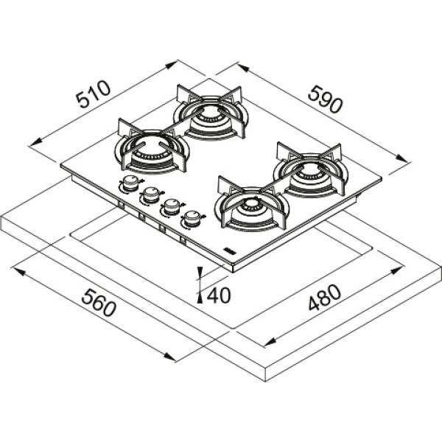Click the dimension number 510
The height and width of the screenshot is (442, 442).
click(94, 94)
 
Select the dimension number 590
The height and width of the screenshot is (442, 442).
click(325, 99)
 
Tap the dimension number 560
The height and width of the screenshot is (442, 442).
click(99, 302)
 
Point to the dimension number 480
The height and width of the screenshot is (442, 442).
click(324, 297)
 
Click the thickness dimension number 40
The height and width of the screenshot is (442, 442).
click(219, 295)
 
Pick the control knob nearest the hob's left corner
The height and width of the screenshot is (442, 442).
click(130, 183)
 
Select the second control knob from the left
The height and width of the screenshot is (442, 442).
click(151, 195)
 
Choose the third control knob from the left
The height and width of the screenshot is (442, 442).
click(172, 207)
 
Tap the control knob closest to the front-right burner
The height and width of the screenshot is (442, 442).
click(192, 219)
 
